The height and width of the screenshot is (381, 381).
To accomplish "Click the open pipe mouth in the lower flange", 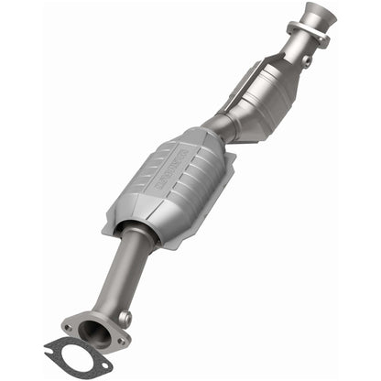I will (x=92, y=332).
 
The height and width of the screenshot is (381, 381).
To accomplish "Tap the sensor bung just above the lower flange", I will (x=124, y=318).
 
